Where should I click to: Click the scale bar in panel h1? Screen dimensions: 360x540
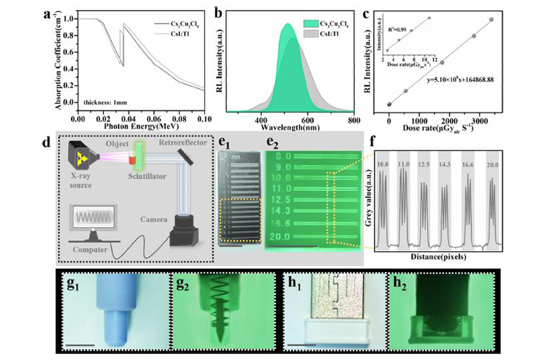coord(301,344)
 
